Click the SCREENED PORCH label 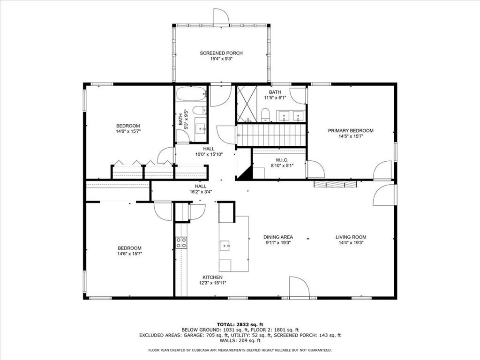tap(221, 53)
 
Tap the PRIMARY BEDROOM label tap(351, 131)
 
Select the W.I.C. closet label tap(282, 160)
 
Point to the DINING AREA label tap(278, 237)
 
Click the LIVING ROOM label tap(351, 237)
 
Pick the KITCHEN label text tap(212, 277)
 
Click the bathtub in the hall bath tap(192, 94)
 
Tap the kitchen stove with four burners tap(181, 243)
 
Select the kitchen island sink tap(225, 246)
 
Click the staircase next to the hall tap(271, 135)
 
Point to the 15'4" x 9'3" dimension tap(221, 59)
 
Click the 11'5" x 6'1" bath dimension tap(275, 98)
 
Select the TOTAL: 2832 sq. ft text tap(240, 324)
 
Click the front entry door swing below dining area tap(299, 287)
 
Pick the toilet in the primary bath tap(265, 114)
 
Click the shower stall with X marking tap(247, 103)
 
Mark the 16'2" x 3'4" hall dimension tap(201, 192)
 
